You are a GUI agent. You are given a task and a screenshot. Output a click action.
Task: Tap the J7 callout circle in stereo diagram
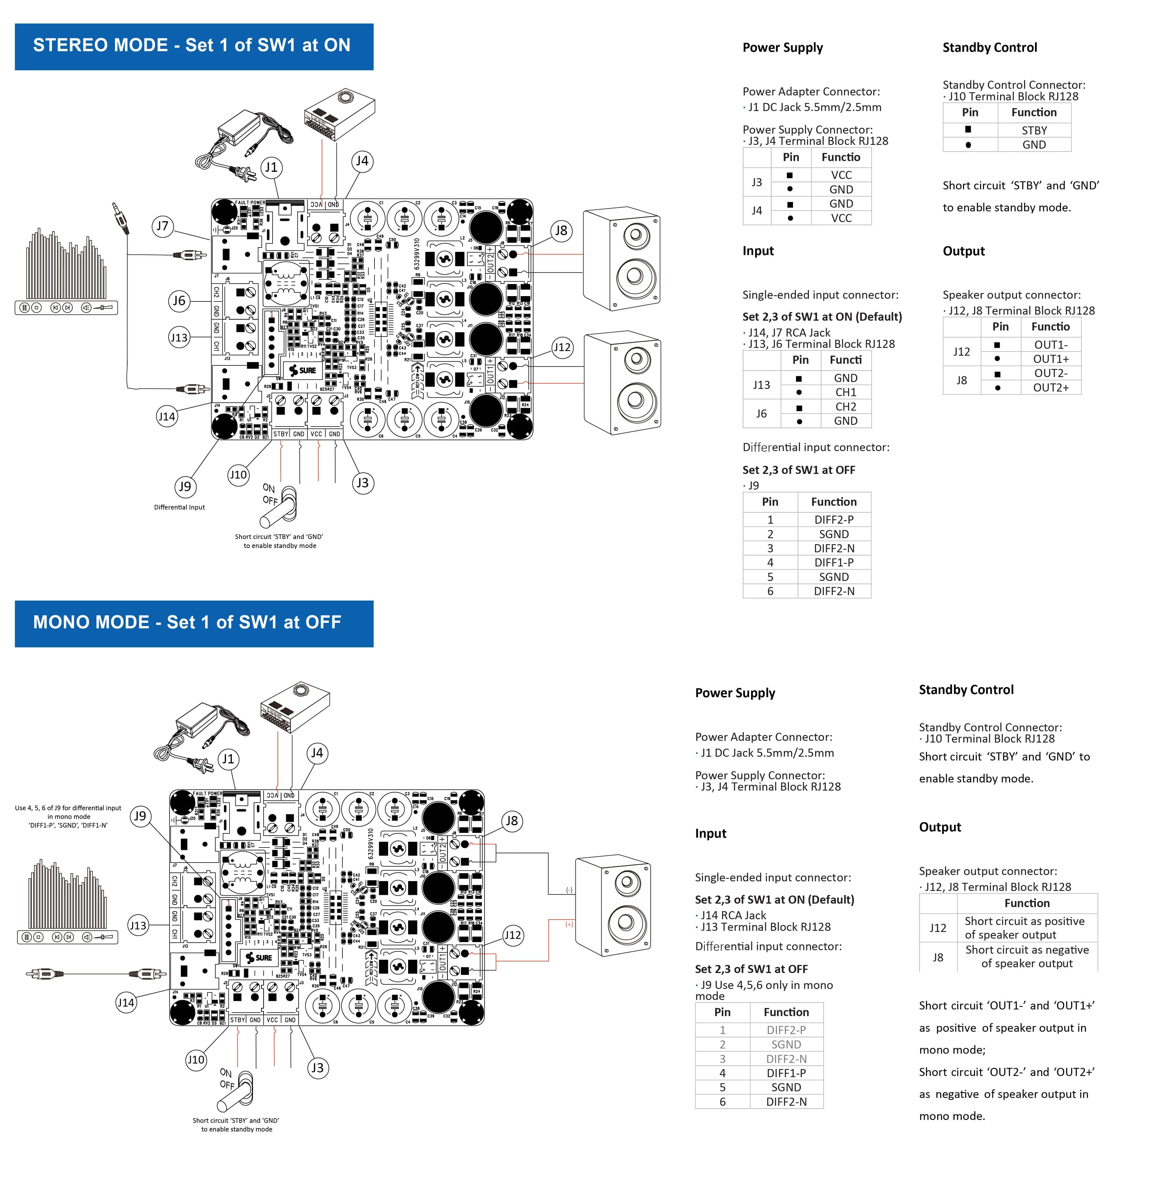(162, 226)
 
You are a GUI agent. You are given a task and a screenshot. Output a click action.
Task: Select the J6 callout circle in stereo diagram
(179, 301)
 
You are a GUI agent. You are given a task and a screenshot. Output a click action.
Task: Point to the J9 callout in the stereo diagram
(185, 487)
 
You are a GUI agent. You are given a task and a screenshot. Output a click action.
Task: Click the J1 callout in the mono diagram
(228, 759)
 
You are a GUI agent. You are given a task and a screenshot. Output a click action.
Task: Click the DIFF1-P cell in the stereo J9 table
(834, 562)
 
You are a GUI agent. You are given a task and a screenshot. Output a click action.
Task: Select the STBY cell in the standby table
(1034, 130)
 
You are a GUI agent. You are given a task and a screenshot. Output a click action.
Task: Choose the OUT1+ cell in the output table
(1050, 359)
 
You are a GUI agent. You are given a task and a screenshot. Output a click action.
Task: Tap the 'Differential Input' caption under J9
(179, 507)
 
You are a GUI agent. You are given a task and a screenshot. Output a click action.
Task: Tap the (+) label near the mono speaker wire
(569, 924)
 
